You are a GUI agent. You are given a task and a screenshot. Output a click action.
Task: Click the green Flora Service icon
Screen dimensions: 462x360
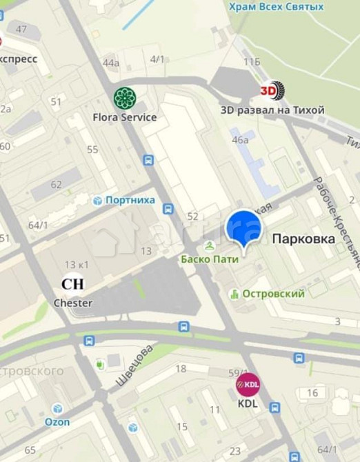(125, 99)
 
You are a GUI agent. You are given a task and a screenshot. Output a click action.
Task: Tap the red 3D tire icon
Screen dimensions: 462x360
(272, 90)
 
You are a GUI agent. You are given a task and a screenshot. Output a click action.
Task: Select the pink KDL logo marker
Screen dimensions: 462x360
(248, 385)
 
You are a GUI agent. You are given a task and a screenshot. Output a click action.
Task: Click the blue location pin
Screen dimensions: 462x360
(243, 230)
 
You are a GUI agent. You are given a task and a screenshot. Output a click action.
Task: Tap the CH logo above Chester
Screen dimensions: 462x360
(72, 284)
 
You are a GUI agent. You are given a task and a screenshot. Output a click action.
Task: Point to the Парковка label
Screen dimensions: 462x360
(303, 239)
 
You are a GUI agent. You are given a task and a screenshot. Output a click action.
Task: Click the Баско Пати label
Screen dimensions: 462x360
(210, 259)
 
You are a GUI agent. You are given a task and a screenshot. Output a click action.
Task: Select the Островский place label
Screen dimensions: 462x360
(273, 294)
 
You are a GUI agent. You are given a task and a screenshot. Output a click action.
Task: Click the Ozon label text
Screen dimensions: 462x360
(57, 421)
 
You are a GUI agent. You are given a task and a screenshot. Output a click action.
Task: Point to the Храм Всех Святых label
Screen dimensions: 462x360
(277, 7)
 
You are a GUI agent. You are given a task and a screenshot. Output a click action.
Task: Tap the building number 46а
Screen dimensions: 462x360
(240, 140)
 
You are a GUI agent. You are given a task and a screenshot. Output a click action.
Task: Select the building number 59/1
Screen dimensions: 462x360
(238, 372)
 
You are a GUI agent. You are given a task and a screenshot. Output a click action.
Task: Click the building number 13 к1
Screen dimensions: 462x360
(77, 265)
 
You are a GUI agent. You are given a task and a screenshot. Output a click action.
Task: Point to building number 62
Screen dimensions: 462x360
(56, 184)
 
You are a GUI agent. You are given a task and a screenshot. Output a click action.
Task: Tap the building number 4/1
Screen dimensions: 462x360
(157, 59)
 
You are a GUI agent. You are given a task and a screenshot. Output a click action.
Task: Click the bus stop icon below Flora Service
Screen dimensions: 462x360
(148, 160)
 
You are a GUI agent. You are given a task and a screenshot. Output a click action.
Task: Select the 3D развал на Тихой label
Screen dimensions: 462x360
(272, 110)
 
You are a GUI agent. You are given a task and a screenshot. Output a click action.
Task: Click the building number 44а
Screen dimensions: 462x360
(111, 63)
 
